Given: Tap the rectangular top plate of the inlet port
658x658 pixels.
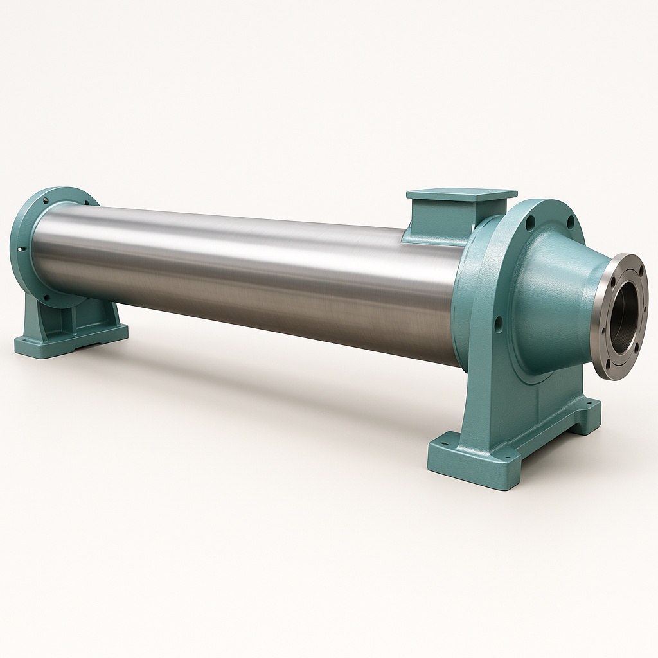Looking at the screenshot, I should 461,193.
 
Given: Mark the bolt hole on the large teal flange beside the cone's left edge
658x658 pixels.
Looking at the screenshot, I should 498,323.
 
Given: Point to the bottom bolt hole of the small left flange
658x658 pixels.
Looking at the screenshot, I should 46,296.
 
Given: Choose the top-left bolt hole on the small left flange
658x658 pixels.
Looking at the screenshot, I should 46,200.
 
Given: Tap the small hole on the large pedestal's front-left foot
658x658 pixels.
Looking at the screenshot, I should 443,443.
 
